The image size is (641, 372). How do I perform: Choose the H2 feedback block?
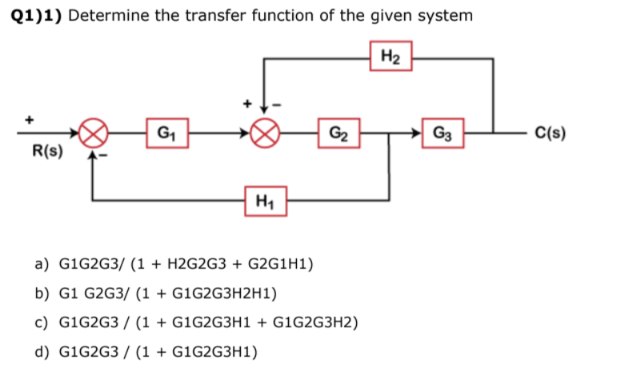pyautogui.click(x=392, y=56)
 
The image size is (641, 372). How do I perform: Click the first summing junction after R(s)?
pyautogui.click(x=95, y=132)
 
